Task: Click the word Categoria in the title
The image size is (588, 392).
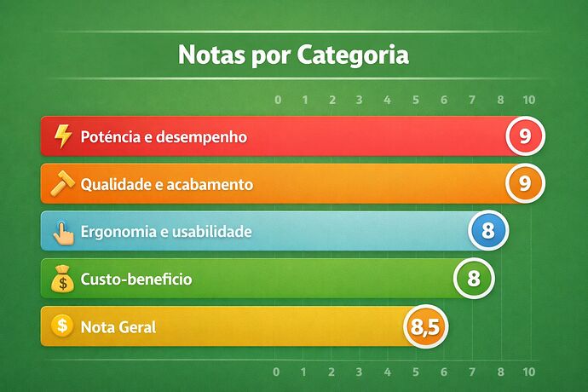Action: click(x=354, y=56)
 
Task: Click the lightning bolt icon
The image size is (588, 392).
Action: click(x=62, y=136)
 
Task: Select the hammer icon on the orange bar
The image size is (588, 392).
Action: click(x=63, y=183)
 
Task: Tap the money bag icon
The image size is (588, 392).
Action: click(x=62, y=279)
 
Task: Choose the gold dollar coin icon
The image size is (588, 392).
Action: click(x=61, y=326)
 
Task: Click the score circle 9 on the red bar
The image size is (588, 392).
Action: click(x=525, y=135)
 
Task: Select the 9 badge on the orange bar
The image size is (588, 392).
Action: click(x=525, y=183)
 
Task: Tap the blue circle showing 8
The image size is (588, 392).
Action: click(x=488, y=231)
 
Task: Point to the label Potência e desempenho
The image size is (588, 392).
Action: click(x=164, y=136)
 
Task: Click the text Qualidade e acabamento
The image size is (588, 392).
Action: click(x=166, y=184)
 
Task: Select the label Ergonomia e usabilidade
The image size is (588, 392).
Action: click(x=165, y=232)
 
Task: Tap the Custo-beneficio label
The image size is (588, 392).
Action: click(x=135, y=279)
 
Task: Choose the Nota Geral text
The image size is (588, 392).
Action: click(x=118, y=326)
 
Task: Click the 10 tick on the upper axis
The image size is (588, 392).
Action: click(x=528, y=101)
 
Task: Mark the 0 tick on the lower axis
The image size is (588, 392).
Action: click(x=276, y=372)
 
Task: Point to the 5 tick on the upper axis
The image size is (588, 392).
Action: click(x=416, y=101)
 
